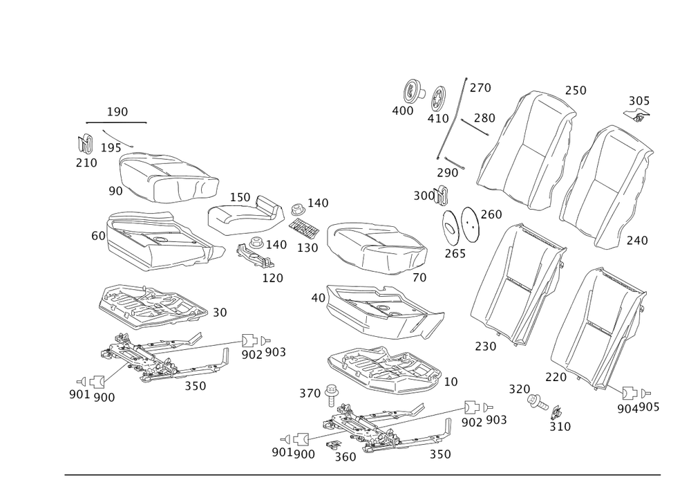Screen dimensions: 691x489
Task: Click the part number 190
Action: pyautogui.click(x=117, y=111)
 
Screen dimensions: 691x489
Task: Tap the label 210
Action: pyautogui.click(x=86, y=163)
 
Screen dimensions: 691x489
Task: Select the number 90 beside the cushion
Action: pyautogui.click(x=115, y=189)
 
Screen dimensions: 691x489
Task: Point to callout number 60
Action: pyautogui.click(x=97, y=236)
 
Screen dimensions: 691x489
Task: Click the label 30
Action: pyautogui.click(x=220, y=313)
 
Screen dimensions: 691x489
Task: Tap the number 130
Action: pyautogui.click(x=307, y=247)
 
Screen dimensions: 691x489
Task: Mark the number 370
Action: pyautogui.click(x=310, y=394)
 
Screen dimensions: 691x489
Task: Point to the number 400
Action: pyautogui.click(x=402, y=110)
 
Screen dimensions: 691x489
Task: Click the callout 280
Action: pyautogui.click(x=484, y=118)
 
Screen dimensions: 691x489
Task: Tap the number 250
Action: pyautogui.click(x=575, y=91)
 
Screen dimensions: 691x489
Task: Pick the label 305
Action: pyautogui.click(x=638, y=101)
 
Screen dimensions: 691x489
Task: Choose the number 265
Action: pyautogui.click(x=455, y=253)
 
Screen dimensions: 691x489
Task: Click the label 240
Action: pyautogui.click(x=637, y=240)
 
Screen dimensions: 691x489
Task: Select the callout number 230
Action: pyautogui.click(x=486, y=346)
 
